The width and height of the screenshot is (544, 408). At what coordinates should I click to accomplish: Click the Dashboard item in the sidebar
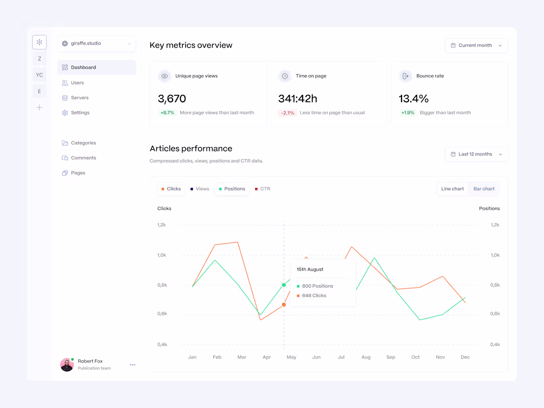97,67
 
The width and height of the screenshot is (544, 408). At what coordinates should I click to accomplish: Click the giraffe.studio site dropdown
97,44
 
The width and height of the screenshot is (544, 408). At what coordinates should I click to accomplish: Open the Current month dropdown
476,45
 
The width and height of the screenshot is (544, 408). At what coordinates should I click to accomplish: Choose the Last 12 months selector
476,154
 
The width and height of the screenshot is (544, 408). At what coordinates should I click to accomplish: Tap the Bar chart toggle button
484,189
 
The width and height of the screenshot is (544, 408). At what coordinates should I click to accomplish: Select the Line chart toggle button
453,189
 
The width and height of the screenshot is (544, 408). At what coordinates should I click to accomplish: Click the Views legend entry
200,189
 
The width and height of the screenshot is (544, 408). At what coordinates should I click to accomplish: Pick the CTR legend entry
263,189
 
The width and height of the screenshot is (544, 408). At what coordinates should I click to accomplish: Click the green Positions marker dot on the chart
284,285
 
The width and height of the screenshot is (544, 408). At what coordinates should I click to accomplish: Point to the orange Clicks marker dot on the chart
284,305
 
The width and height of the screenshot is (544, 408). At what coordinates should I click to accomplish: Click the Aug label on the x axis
366,357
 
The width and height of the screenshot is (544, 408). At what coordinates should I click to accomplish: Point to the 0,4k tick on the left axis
162,345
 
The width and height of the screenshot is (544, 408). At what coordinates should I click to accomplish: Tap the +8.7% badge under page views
167,113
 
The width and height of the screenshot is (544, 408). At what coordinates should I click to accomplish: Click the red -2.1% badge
287,113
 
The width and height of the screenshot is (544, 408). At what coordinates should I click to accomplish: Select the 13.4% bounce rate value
413,99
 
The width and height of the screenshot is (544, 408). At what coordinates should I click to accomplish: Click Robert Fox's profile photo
67,364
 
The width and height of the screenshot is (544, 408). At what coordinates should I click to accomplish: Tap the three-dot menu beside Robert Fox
133,364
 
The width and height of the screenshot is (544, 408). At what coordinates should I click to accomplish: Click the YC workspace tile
40,75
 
